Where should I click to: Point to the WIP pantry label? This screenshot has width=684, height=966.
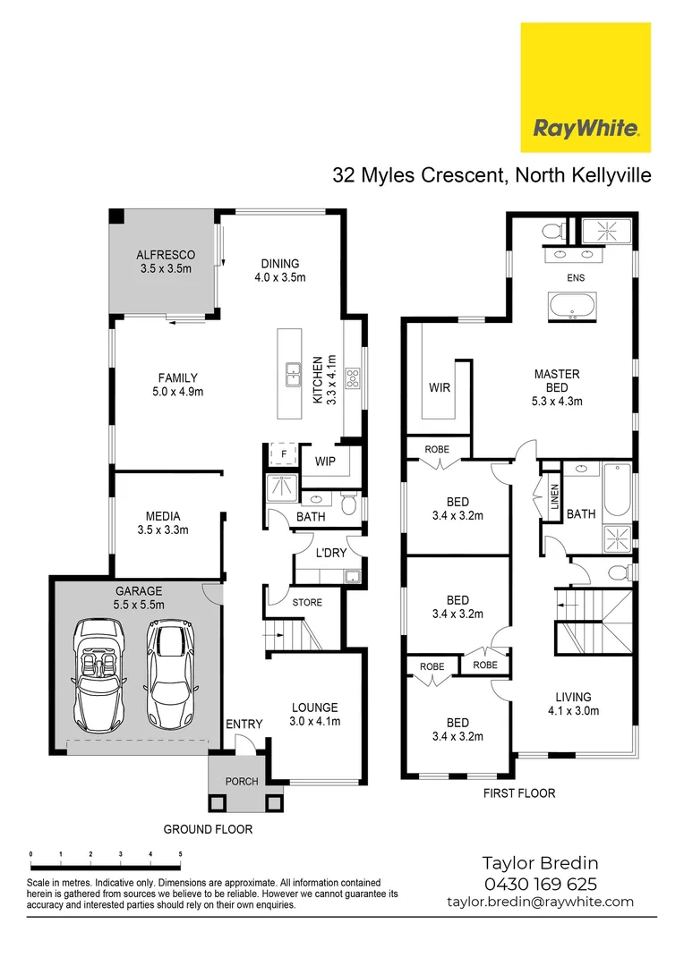[x=325, y=462]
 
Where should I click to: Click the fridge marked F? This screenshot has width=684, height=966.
[x=283, y=453]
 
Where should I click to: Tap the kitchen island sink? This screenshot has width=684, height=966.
[x=293, y=374]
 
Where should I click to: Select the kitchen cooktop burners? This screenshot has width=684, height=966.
[x=353, y=377]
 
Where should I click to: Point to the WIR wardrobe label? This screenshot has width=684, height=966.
[x=440, y=388]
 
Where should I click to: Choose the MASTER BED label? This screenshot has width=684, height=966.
[x=557, y=387]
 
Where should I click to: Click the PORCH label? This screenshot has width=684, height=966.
[x=241, y=781]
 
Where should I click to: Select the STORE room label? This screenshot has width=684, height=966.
[x=306, y=602]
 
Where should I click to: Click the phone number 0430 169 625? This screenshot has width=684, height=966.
[x=540, y=884]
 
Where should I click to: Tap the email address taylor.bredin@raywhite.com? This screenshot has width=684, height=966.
[x=540, y=902]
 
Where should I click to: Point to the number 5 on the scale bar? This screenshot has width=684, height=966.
[x=181, y=854]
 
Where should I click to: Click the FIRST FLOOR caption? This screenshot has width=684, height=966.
[x=518, y=792]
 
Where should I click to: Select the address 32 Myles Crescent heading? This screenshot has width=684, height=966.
[x=492, y=174]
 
